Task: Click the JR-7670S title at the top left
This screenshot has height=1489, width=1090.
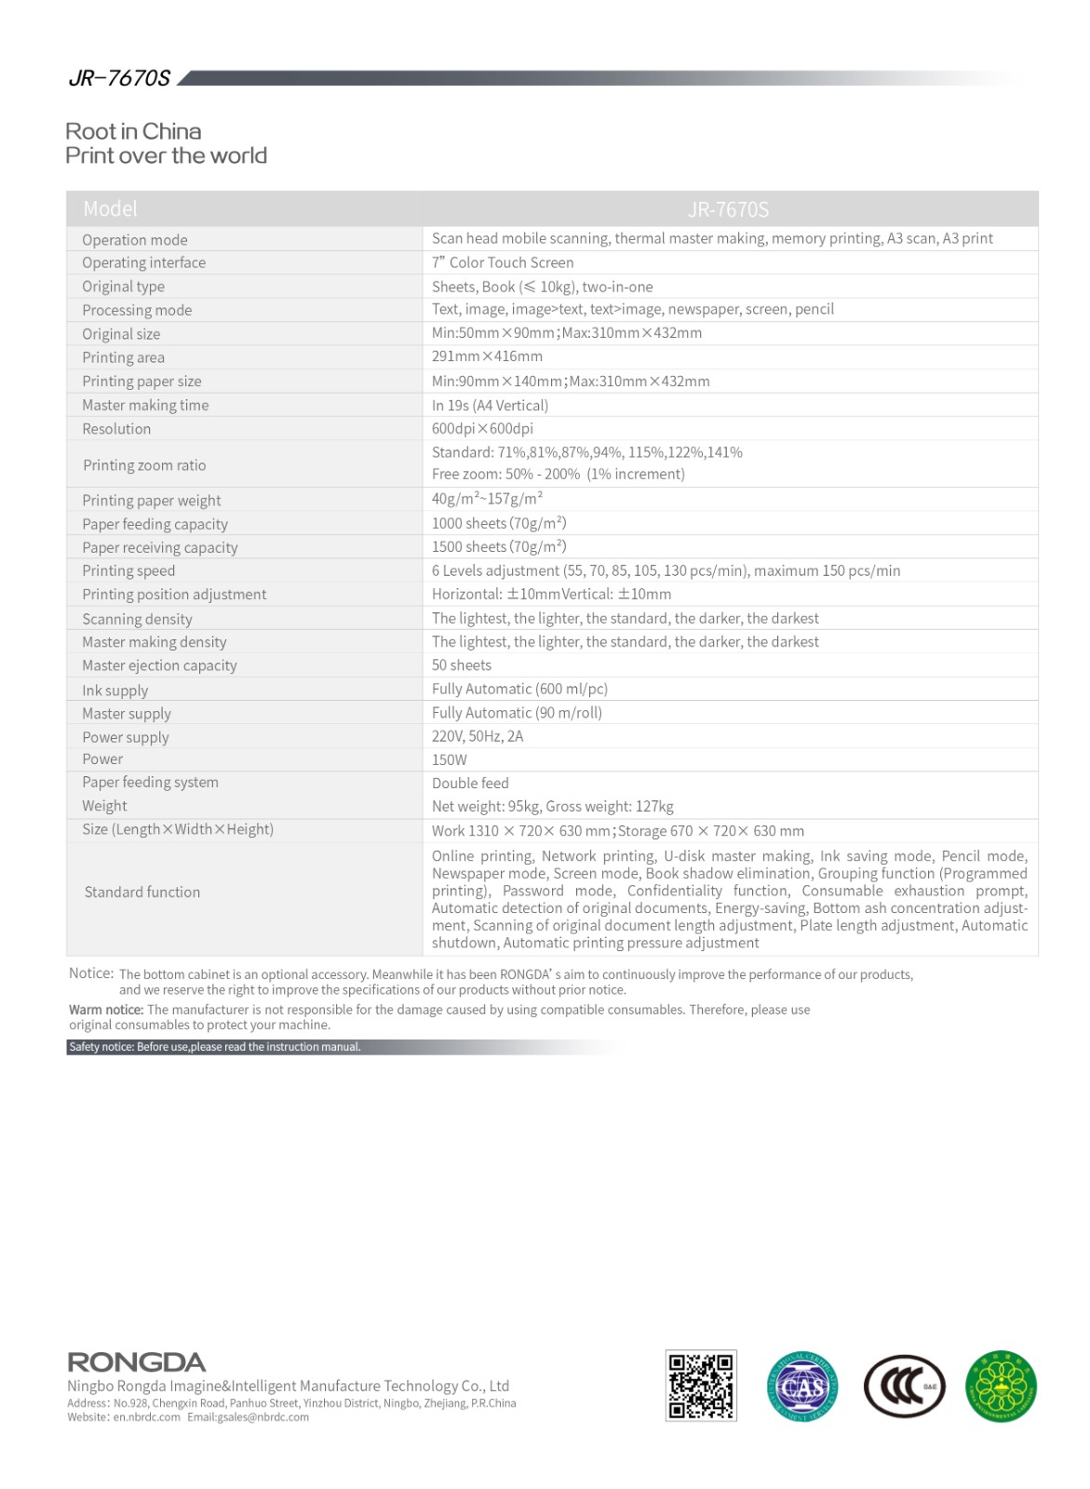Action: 119,78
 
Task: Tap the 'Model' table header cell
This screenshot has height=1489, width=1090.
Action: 110,209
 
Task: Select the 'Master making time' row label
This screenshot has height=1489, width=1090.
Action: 145,405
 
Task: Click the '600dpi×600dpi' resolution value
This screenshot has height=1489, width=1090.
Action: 482,428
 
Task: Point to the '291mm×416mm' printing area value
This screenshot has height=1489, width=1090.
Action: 487,356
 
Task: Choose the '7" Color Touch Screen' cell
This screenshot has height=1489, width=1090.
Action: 503,262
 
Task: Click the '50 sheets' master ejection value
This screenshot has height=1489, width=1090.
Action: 462,665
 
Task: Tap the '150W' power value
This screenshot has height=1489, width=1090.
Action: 450,759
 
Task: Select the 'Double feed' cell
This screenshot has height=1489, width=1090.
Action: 470,784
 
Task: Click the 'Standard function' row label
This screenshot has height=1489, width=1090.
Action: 142,892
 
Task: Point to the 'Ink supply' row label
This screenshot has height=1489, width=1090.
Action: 115,691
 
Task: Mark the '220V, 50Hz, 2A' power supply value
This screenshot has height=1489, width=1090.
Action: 478,736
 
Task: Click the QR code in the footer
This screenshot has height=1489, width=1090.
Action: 701,1386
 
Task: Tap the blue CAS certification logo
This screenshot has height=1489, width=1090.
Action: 802,1387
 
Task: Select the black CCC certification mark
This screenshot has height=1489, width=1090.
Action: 904,1387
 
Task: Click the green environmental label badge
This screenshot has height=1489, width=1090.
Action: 1001,1387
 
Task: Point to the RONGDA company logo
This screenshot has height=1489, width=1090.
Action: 137,1362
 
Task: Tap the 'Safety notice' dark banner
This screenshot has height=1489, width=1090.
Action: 215,1047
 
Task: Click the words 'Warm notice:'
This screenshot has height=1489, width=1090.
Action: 106,1010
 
